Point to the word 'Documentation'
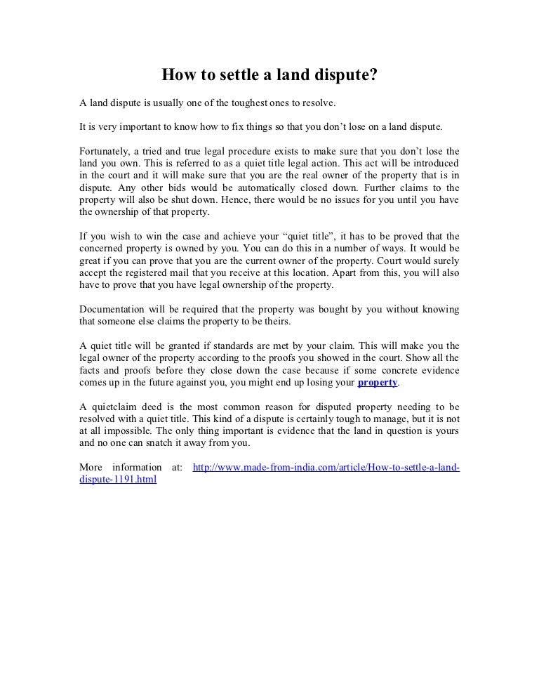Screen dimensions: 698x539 tap(112, 310)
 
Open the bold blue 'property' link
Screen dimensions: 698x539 tap(378, 383)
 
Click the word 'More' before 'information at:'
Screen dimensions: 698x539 tap(91, 468)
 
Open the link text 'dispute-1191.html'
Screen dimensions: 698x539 tap(118, 480)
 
